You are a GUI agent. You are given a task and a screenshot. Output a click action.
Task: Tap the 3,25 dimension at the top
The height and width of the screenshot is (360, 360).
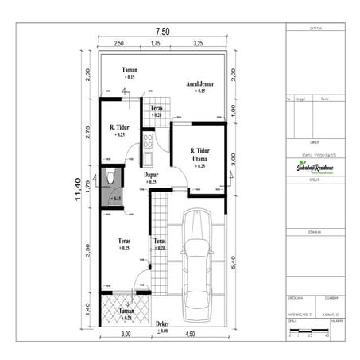tap(197, 44)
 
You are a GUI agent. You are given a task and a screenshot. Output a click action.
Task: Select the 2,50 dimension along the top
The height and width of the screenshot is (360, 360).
tap(118, 44)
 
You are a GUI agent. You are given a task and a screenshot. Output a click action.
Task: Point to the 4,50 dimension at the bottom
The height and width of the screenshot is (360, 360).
tap(190, 335)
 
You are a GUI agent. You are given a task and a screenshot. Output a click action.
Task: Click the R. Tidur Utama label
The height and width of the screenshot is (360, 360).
tap(199, 157)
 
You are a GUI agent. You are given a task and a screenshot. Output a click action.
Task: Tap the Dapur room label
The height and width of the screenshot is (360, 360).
tap(151, 177)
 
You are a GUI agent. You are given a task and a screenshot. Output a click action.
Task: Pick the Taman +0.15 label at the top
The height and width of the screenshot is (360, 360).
tap(130, 74)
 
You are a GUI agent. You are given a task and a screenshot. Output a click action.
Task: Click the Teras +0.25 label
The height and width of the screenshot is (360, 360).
tap(124, 244)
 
